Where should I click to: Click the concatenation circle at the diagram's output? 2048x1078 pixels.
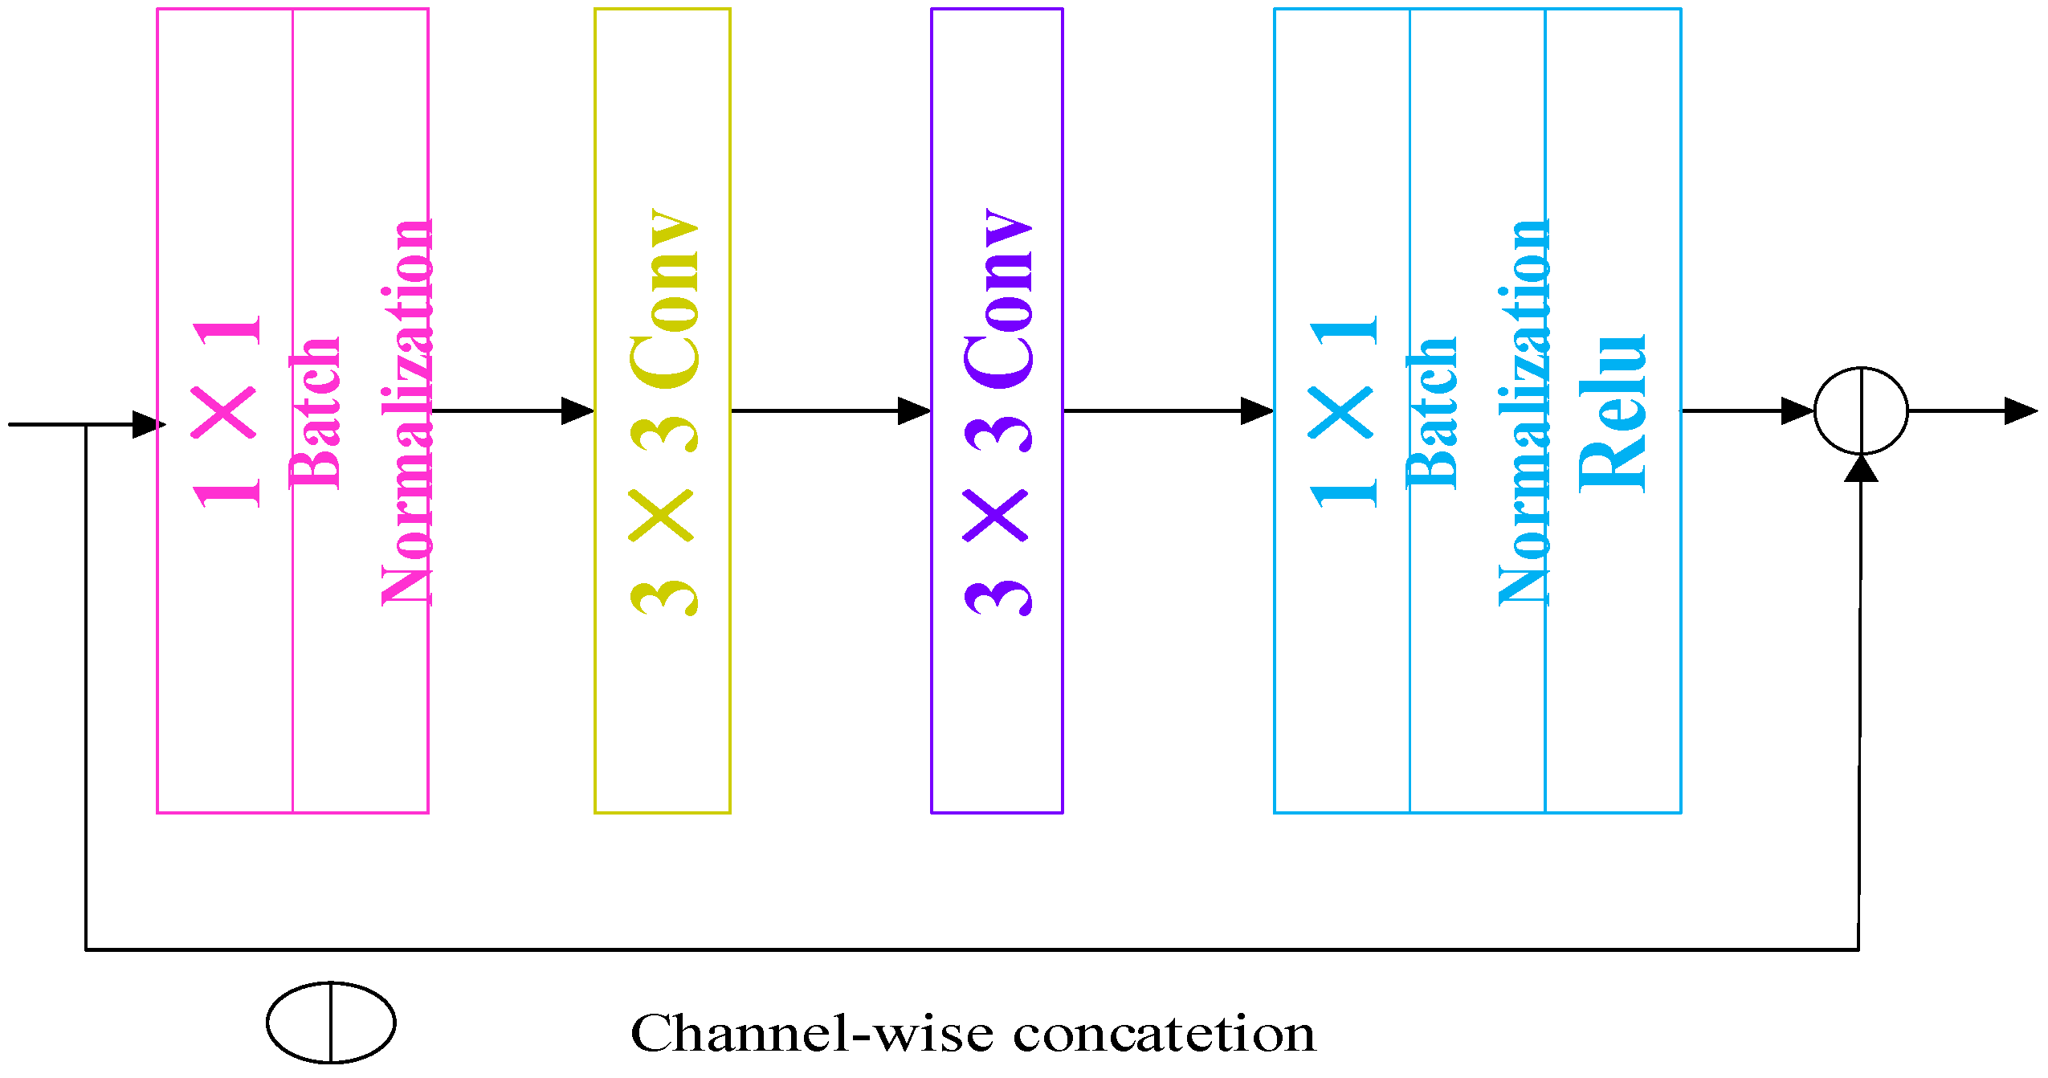[1861, 410]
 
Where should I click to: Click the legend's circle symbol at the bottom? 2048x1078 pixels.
[331, 1023]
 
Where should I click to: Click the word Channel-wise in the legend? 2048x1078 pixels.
[811, 1034]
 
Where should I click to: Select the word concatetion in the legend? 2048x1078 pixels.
[1164, 1034]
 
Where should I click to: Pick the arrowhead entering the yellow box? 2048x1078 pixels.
[577, 410]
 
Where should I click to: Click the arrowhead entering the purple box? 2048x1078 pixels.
[914, 410]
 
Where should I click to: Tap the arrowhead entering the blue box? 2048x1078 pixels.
[1257, 410]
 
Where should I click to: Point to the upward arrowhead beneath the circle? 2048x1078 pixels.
[1861, 468]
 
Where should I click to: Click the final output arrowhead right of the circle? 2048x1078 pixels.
[2021, 410]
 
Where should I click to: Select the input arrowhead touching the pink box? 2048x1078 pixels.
[149, 424]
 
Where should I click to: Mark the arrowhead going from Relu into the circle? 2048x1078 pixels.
[1797, 410]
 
